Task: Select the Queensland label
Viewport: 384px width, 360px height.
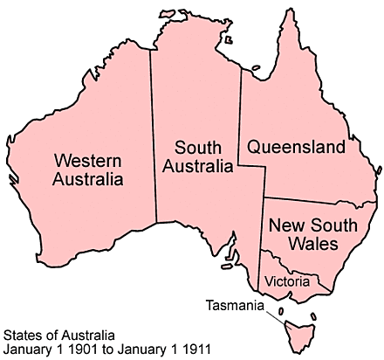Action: pyautogui.click(x=295, y=148)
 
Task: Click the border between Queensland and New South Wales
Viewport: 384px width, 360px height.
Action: pyautogui.click(x=319, y=199)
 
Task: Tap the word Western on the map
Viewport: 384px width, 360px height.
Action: pyautogui.click(x=87, y=160)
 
